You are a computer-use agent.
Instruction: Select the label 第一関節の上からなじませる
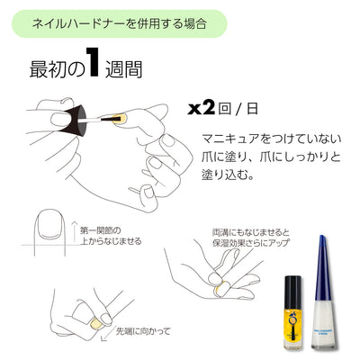coord(109,235)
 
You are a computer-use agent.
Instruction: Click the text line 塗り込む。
coord(229,175)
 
